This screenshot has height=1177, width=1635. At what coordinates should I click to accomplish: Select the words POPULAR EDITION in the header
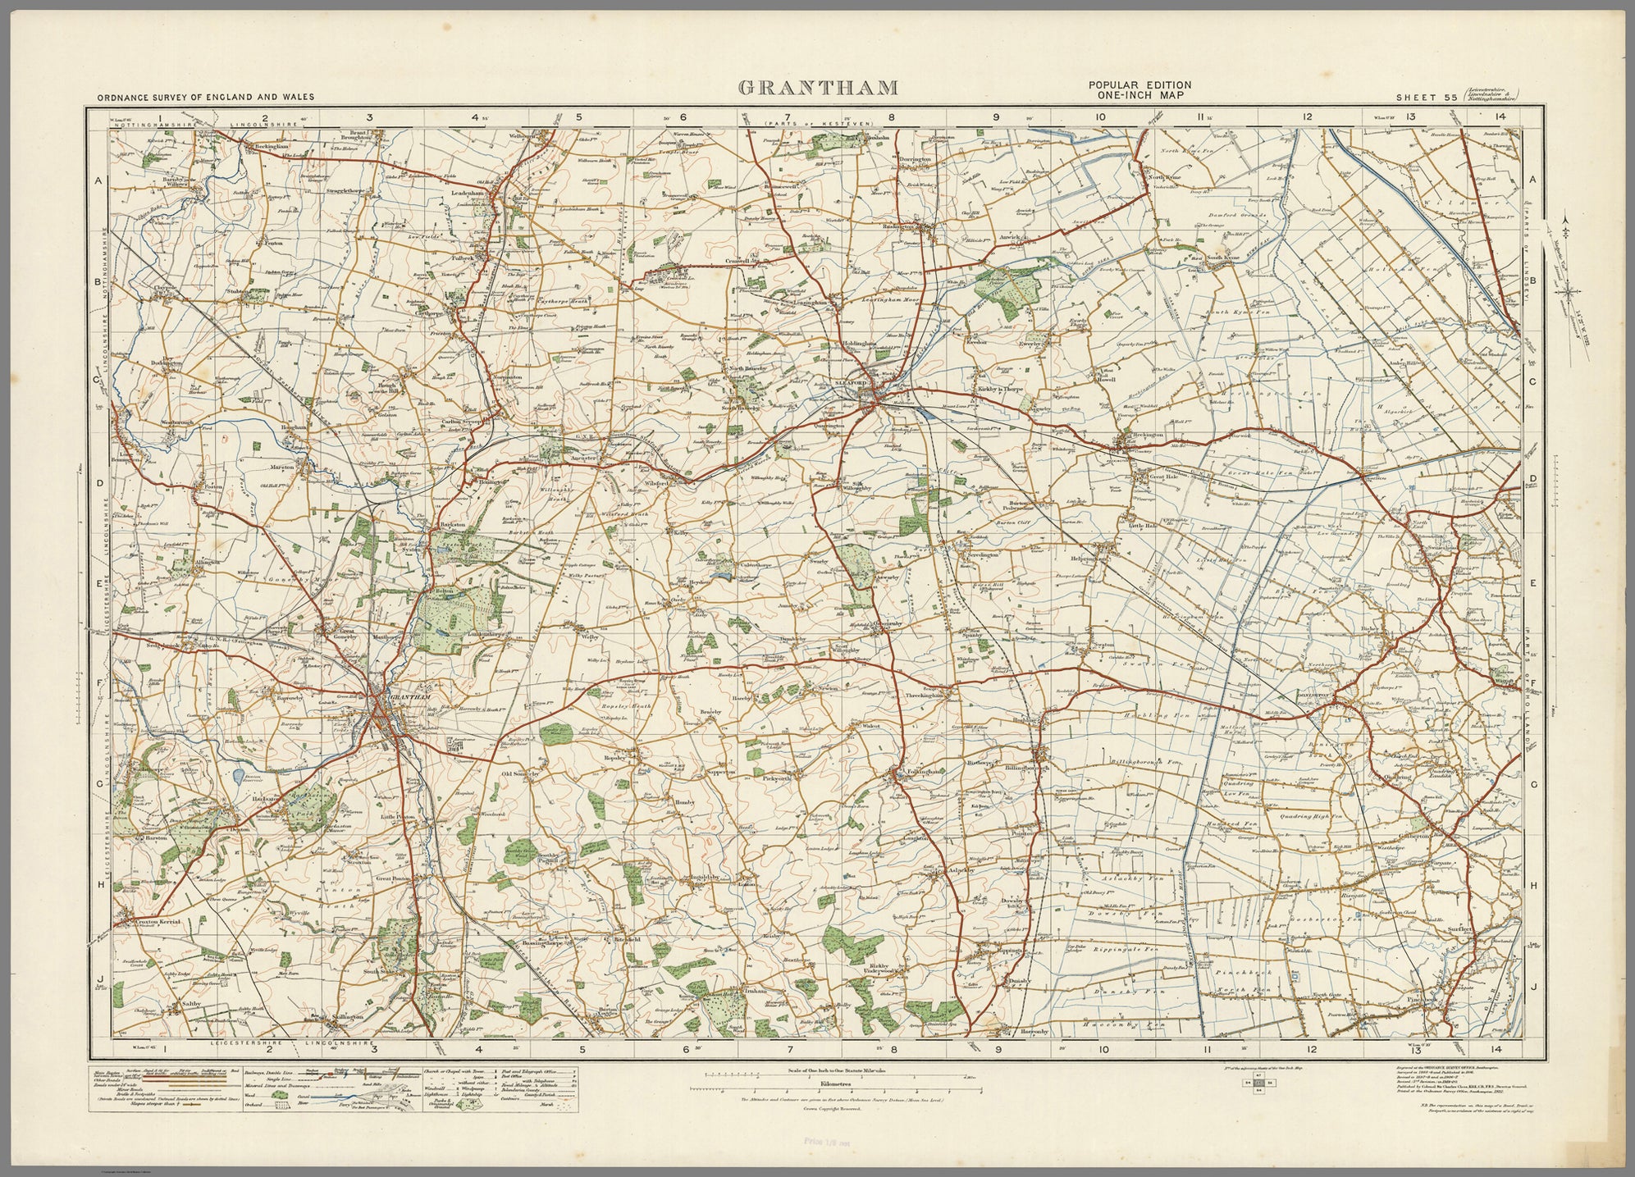tap(1139, 85)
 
